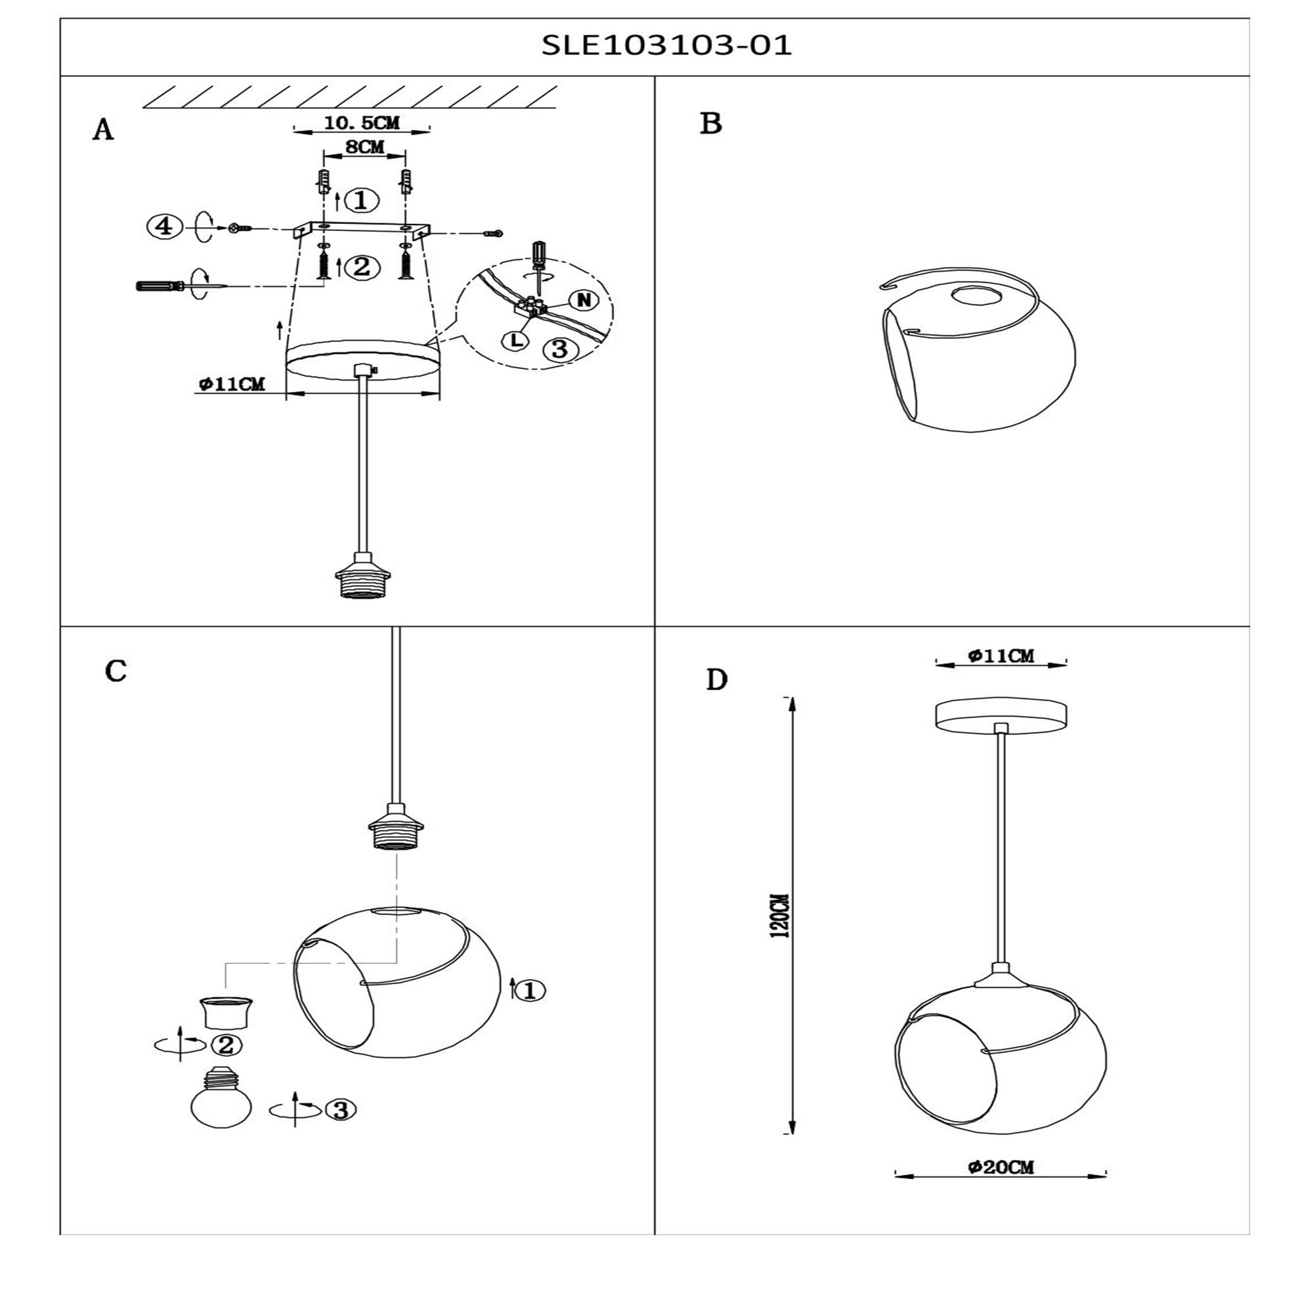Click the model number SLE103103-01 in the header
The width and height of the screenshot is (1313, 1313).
pos(667,45)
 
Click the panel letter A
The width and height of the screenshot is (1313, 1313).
pos(103,130)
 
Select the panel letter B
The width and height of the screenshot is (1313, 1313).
pos(711,123)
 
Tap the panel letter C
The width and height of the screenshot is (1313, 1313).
pos(116,672)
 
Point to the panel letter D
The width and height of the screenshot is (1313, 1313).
pos(717,680)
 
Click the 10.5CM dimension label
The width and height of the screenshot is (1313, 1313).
pos(362,123)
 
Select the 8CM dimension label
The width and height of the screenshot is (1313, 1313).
pos(365,147)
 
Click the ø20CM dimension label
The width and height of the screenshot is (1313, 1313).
pos(1001,1167)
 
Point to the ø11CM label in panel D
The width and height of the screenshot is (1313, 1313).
pos(1001,656)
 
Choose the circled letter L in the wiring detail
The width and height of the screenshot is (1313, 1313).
pos(517,341)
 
